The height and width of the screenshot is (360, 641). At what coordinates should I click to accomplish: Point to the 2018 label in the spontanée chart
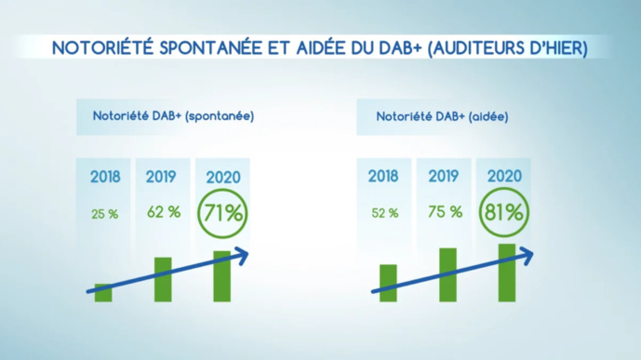[104, 176]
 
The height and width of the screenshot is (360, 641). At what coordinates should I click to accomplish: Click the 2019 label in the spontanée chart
[163, 176]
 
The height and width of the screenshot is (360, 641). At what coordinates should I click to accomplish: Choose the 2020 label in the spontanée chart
[221, 176]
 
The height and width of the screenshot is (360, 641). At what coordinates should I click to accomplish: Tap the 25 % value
[104, 213]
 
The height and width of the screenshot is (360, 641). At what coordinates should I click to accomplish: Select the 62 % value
[163, 212]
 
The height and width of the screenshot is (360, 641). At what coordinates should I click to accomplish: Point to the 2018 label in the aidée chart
[383, 176]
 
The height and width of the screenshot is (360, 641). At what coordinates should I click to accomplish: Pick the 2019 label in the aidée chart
[444, 176]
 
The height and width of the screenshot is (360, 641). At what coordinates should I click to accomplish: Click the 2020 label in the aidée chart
[503, 176]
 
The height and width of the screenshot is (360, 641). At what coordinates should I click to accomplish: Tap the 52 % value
[383, 213]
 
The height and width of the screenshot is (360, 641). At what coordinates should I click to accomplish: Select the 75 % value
[444, 212]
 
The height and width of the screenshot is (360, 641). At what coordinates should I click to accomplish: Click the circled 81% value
[503, 212]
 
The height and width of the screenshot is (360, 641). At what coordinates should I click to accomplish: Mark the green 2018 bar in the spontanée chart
[103, 293]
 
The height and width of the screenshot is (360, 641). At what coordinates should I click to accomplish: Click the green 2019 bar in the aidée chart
[447, 274]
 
